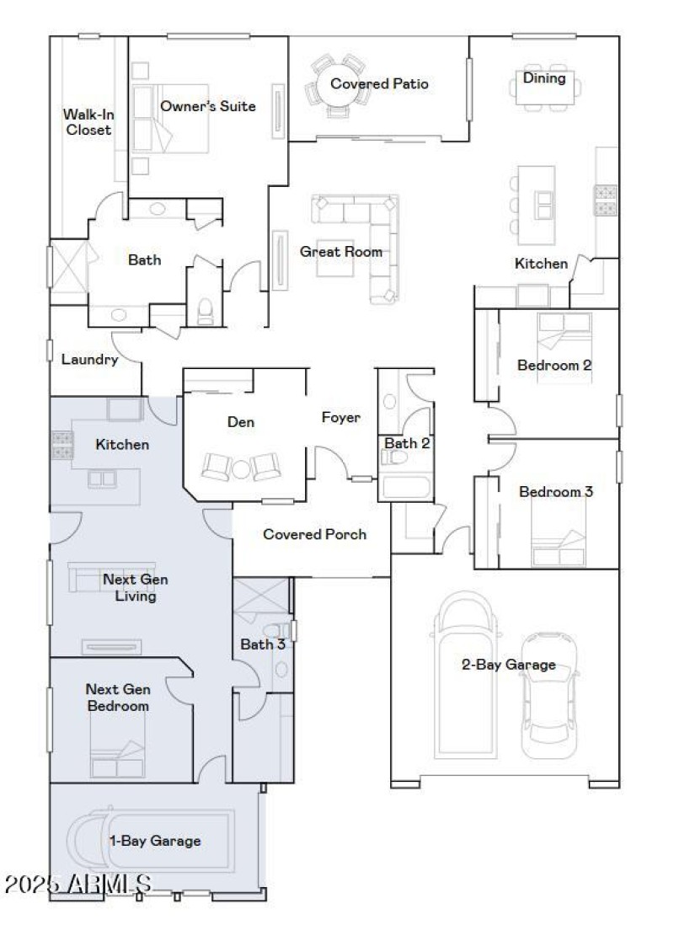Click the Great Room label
[340, 252]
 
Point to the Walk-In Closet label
[88, 122]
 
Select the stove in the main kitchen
[606, 201]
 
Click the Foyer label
[340, 418]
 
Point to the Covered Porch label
[314, 534]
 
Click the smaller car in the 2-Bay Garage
[548, 695]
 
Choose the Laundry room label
[89, 360]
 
